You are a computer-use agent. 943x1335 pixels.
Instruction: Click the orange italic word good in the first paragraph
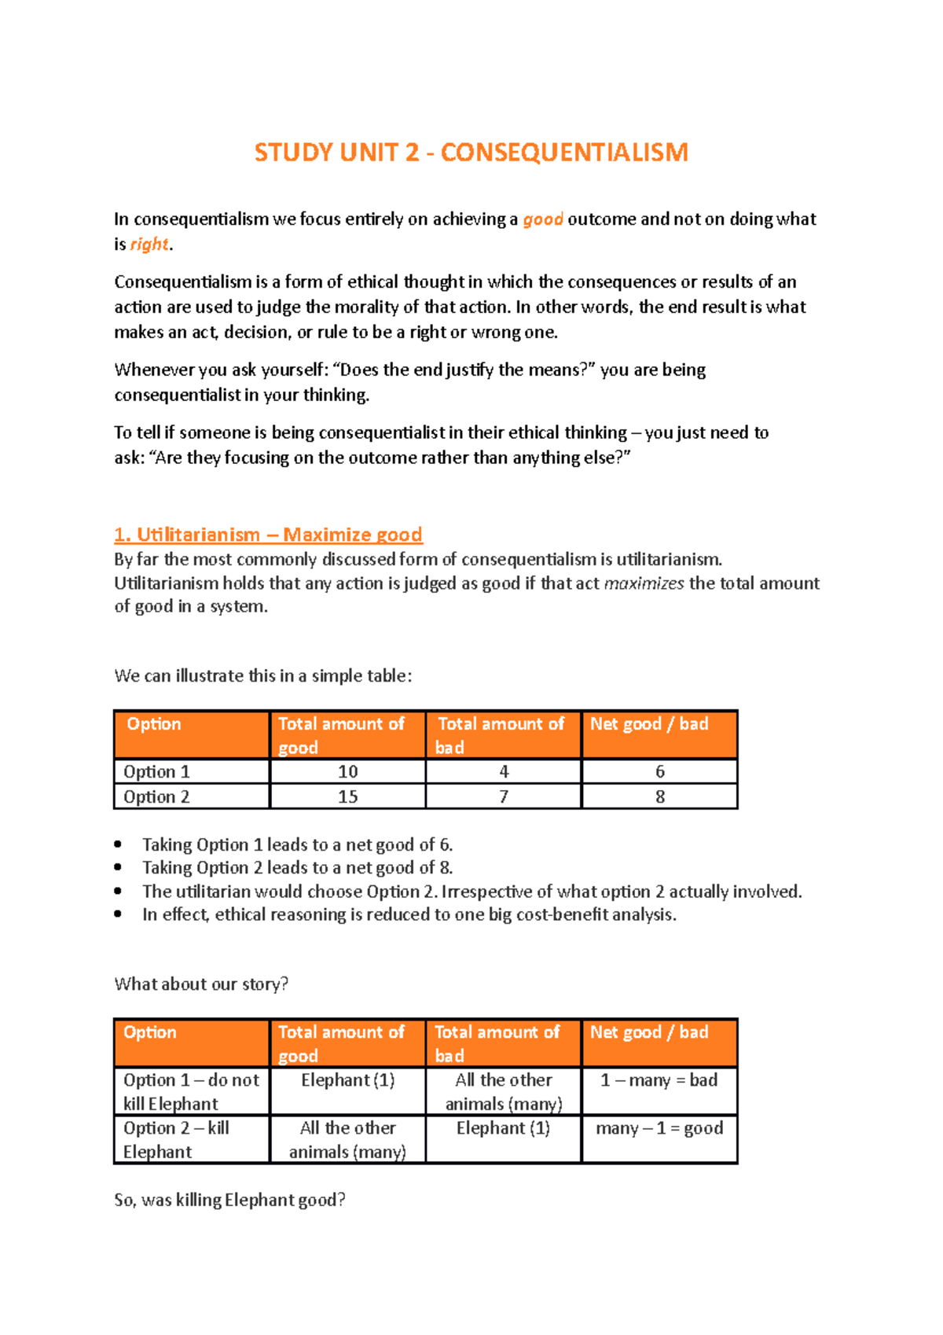click(543, 219)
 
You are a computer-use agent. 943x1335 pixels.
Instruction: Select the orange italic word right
click(149, 245)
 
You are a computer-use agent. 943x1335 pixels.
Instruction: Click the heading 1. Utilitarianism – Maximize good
click(268, 535)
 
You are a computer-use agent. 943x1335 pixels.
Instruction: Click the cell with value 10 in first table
click(347, 771)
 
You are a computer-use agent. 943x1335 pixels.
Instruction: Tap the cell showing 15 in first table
click(347, 796)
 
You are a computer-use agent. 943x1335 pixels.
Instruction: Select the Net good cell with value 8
click(659, 796)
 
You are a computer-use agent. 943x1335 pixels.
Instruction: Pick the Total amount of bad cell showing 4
click(503, 771)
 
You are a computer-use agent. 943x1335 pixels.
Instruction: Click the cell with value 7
click(503, 796)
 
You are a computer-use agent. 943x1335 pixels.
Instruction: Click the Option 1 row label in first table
click(156, 771)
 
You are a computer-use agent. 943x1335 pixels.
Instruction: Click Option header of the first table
click(154, 724)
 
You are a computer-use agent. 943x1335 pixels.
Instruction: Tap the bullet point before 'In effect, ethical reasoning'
click(118, 914)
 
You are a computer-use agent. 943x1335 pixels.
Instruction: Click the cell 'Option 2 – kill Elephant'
click(176, 1139)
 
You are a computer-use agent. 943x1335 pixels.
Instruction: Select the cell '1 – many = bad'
click(659, 1080)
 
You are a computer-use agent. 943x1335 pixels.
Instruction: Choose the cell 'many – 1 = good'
click(659, 1128)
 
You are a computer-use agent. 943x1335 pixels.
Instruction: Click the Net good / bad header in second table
click(649, 1032)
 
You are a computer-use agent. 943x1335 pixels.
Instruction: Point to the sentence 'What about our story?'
click(201, 984)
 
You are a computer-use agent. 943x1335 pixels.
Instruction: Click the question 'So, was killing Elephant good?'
click(229, 1200)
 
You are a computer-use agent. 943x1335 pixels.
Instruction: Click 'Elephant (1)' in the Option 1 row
click(347, 1080)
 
